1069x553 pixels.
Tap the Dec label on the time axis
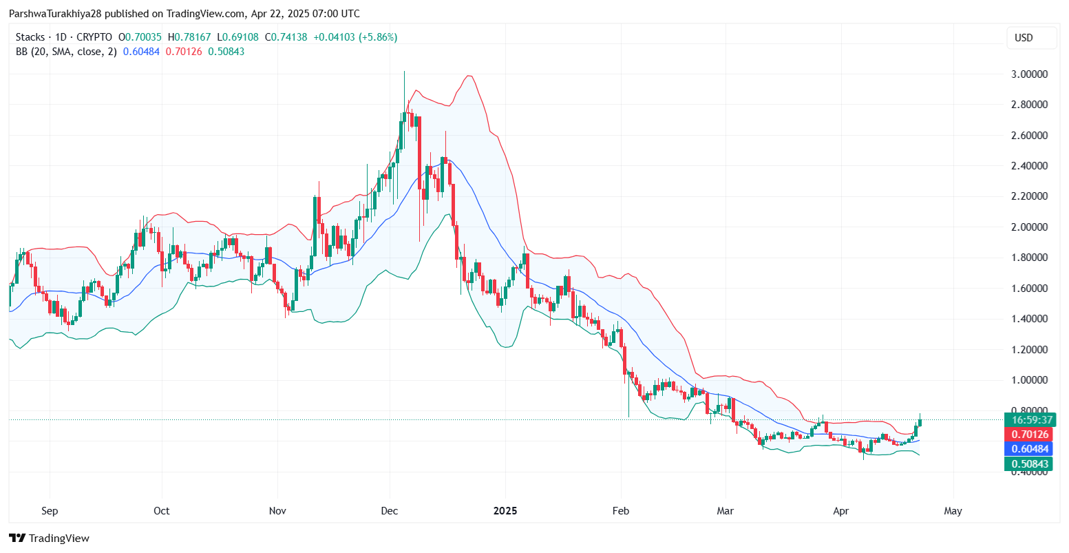(x=390, y=511)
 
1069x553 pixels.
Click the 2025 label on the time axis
(x=505, y=511)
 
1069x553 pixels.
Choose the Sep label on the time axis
(x=50, y=511)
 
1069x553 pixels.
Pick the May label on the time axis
(x=953, y=511)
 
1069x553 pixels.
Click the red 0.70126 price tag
(x=1030, y=435)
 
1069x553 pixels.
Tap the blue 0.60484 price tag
(x=1030, y=449)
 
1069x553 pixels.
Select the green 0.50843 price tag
(x=1030, y=464)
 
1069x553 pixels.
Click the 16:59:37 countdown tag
(x=1030, y=419)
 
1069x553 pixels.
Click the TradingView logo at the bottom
(x=49, y=538)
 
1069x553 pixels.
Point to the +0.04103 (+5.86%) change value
(x=355, y=37)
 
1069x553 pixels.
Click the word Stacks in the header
(x=30, y=37)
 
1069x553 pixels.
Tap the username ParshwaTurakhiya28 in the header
(x=55, y=14)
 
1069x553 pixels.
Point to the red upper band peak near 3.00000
(x=469, y=76)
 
